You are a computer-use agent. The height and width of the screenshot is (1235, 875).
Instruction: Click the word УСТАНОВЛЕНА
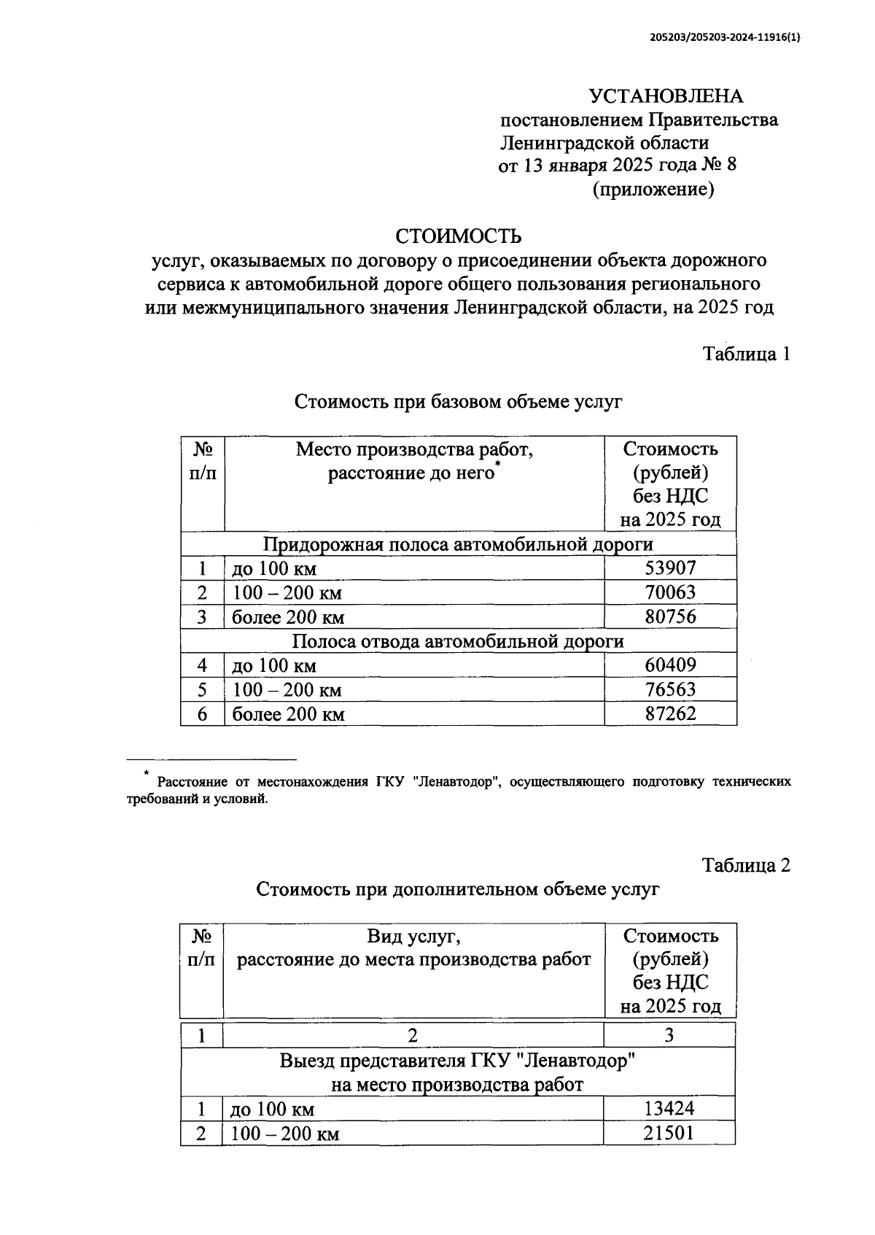(x=666, y=96)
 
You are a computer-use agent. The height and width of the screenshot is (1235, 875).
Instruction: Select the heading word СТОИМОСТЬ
(x=459, y=236)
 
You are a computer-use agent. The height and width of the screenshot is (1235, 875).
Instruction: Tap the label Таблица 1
(x=746, y=354)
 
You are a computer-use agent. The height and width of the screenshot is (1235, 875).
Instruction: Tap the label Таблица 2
(x=746, y=865)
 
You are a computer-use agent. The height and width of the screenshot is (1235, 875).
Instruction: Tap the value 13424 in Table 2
(x=669, y=1109)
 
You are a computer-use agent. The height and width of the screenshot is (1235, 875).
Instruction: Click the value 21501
(x=669, y=1133)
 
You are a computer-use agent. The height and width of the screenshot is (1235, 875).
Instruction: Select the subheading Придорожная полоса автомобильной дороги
(x=458, y=544)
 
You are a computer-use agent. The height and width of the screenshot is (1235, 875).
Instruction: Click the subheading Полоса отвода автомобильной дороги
(x=458, y=641)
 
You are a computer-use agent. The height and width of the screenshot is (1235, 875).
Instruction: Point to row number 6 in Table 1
(x=202, y=713)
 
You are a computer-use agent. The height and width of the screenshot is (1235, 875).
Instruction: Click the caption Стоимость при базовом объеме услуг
(x=458, y=401)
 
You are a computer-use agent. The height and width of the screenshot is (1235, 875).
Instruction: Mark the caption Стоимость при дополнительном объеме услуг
(x=457, y=889)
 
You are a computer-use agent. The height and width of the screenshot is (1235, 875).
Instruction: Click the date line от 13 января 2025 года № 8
(x=617, y=166)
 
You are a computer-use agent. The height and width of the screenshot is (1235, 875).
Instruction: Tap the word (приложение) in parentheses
(x=653, y=190)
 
